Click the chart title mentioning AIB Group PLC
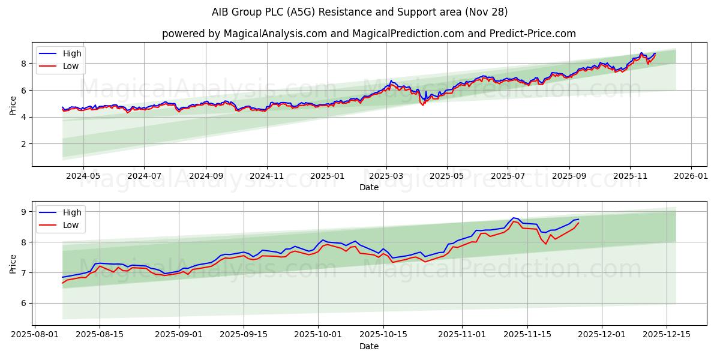[360, 12]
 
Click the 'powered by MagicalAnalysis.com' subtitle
[368, 34]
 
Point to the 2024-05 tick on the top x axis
[83, 176]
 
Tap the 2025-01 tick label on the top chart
[328, 176]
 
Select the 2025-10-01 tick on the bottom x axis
[319, 335]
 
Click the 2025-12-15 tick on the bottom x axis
[667, 335]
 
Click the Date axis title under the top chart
[368, 187]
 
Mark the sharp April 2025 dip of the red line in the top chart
[423, 105]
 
